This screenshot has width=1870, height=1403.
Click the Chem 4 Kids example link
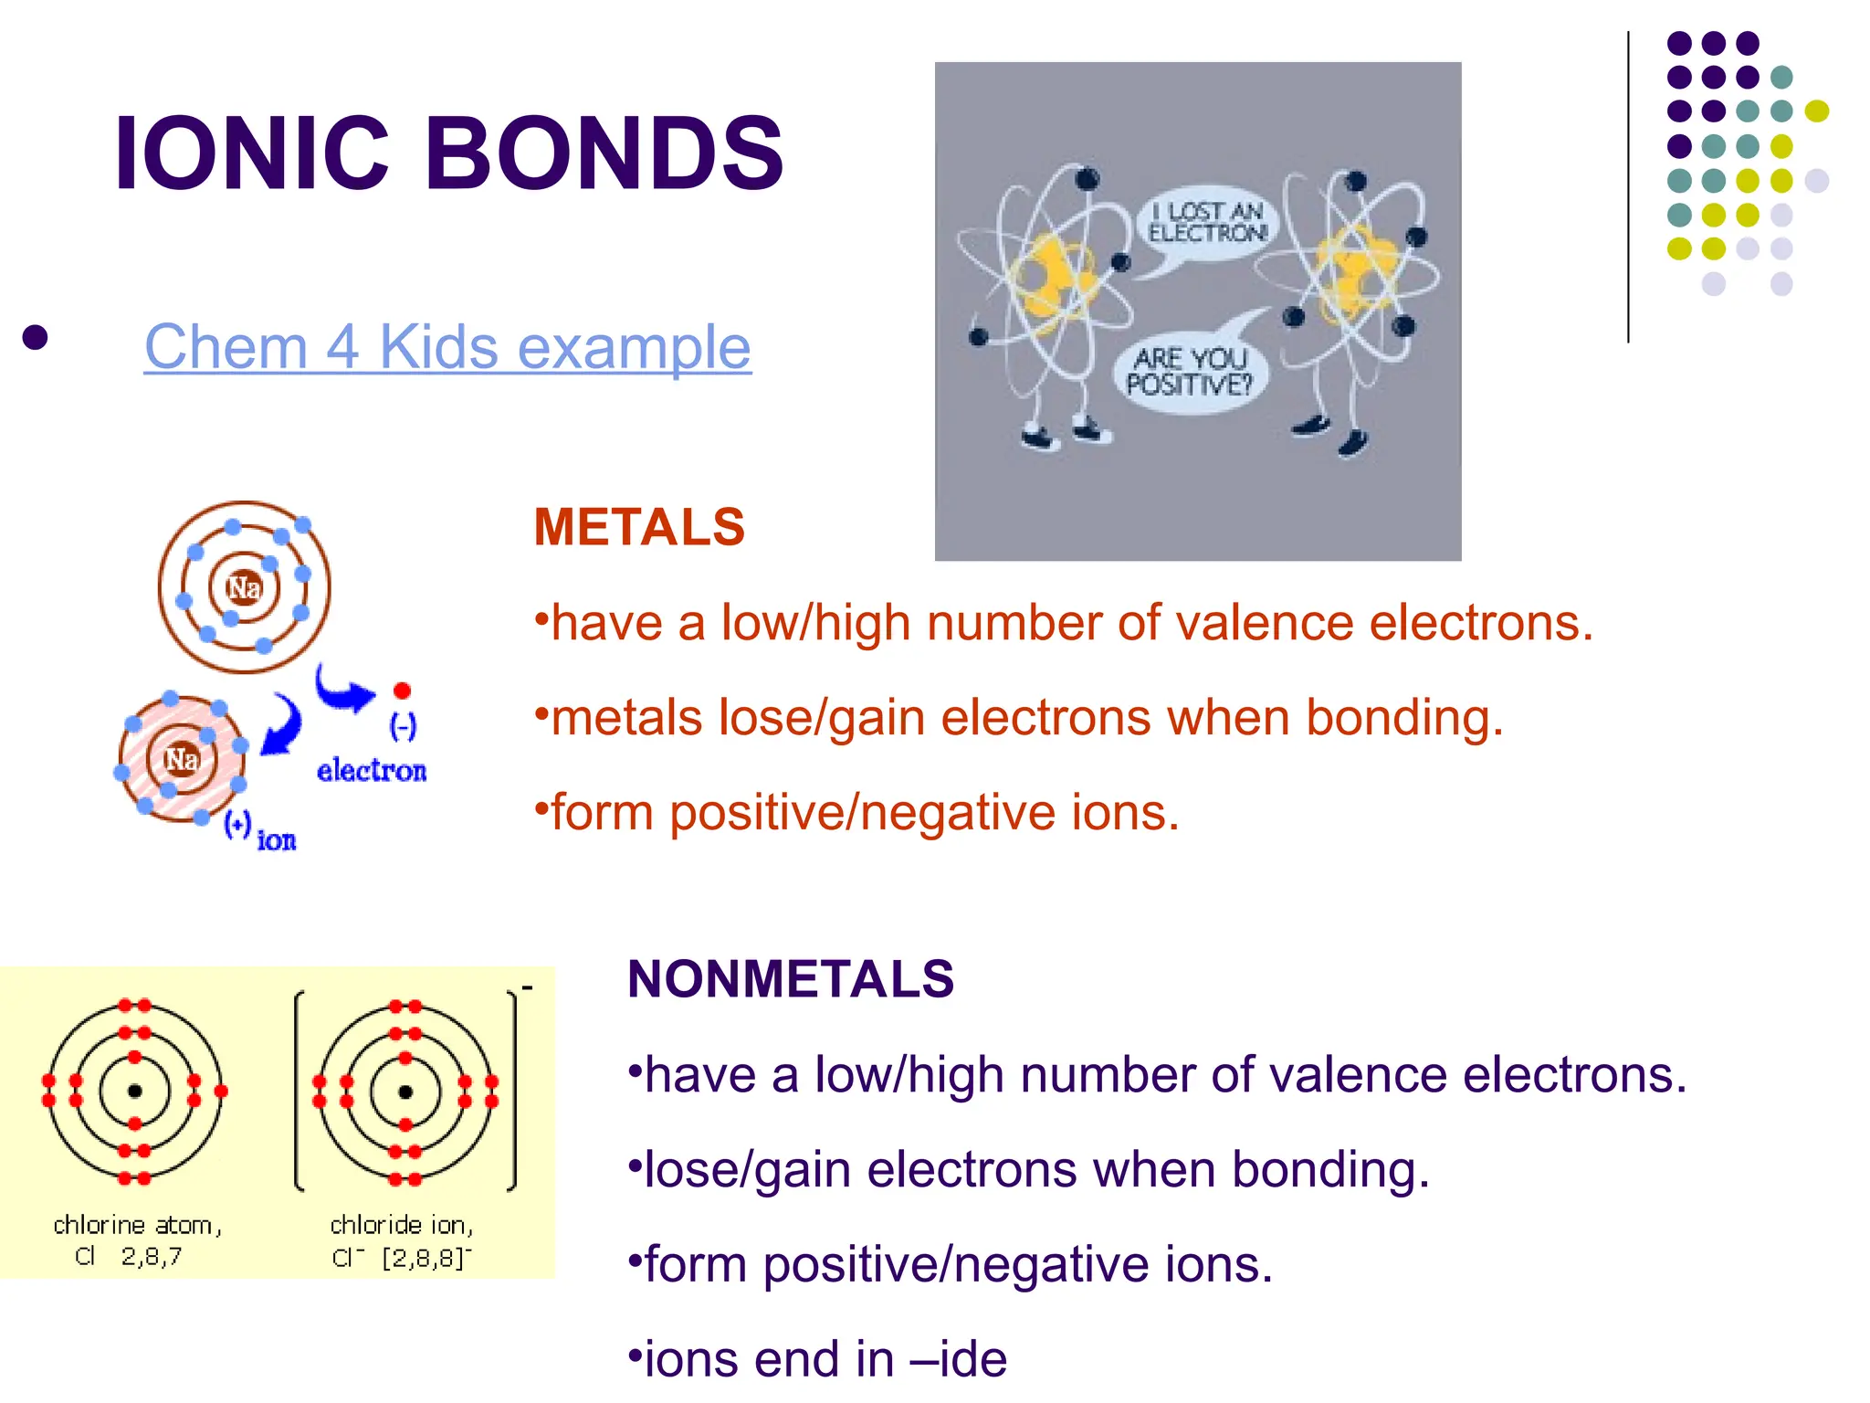pyautogui.click(x=447, y=347)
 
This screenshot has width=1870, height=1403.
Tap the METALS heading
pyautogui.click(x=639, y=527)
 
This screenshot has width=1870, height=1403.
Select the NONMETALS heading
pyautogui.click(x=791, y=979)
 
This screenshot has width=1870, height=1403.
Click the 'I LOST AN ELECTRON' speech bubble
pyautogui.click(x=1206, y=222)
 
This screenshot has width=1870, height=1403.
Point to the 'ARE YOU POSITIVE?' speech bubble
pyautogui.click(x=1189, y=372)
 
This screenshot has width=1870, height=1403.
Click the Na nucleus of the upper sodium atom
pyautogui.click(x=244, y=587)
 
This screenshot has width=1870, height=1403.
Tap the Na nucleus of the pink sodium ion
pyautogui.click(x=182, y=759)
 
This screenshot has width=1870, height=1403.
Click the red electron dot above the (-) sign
pyautogui.click(x=402, y=691)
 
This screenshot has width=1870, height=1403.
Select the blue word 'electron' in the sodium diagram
pyautogui.click(x=372, y=771)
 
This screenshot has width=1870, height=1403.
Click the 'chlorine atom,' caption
pyautogui.click(x=137, y=1225)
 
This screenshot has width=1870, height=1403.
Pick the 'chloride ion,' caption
pyautogui.click(x=402, y=1225)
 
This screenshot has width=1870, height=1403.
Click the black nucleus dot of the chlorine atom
pyautogui.click(x=135, y=1091)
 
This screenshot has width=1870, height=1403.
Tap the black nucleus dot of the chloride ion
pyautogui.click(x=405, y=1091)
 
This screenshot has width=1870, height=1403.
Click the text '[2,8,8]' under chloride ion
pyautogui.click(x=425, y=1258)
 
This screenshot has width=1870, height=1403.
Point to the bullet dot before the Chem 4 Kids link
pyautogui.click(x=35, y=338)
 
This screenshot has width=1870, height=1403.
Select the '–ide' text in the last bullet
pyautogui.click(x=959, y=1359)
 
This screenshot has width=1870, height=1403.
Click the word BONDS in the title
pyautogui.click(x=604, y=153)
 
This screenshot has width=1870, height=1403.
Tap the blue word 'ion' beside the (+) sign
pyautogui.click(x=277, y=840)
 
